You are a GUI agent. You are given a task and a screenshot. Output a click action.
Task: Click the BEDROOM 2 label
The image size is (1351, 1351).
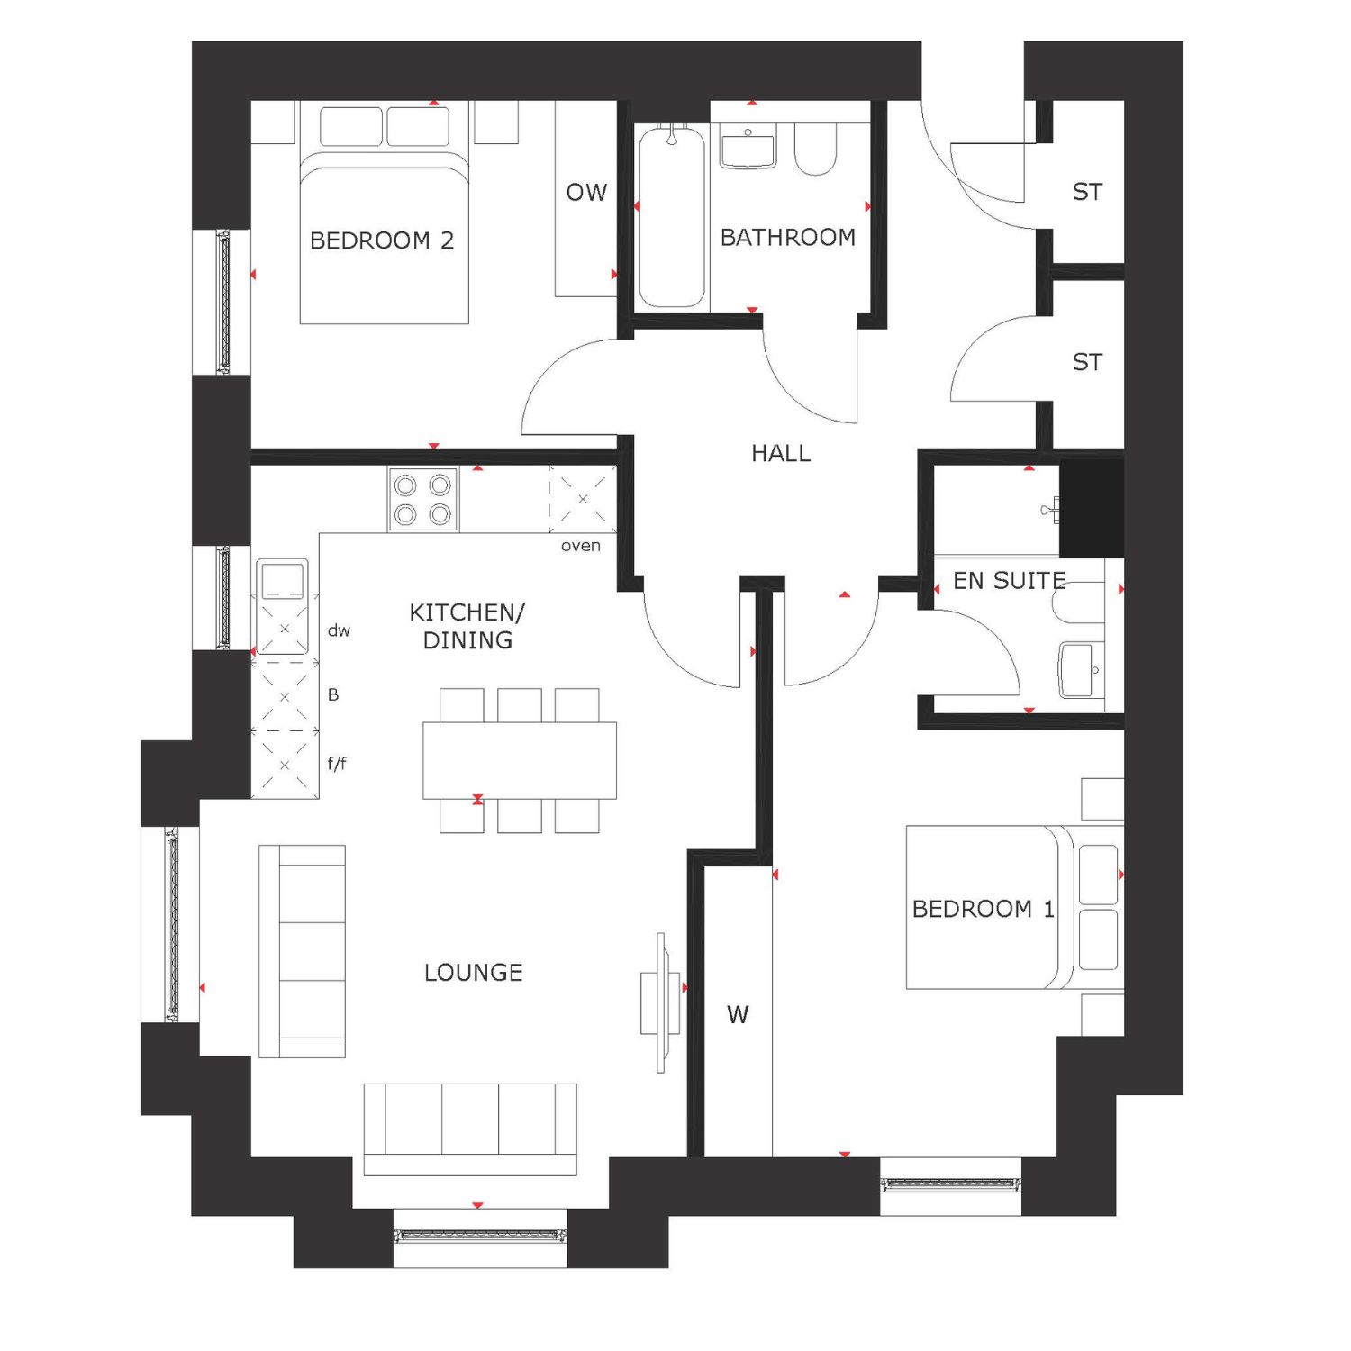click(382, 240)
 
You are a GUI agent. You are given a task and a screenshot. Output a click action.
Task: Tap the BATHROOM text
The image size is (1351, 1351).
click(788, 237)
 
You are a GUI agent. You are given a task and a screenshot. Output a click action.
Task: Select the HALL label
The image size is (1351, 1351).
click(781, 453)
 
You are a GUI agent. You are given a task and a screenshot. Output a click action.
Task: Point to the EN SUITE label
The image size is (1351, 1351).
click(1009, 581)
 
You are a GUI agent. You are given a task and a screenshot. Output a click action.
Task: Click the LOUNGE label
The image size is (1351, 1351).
click(474, 973)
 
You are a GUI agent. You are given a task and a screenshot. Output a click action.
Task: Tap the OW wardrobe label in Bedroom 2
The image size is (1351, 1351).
click(586, 192)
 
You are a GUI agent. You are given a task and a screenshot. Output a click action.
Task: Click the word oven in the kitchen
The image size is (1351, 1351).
click(581, 546)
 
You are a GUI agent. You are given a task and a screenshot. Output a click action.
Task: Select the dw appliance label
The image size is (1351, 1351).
click(339, 630)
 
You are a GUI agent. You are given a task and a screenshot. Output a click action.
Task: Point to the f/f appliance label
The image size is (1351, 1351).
click(337, 764)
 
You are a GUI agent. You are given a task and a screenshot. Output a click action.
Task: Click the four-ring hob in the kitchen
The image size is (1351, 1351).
click(423, 499)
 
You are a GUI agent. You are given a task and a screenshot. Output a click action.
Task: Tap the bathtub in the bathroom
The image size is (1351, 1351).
click(672, 217)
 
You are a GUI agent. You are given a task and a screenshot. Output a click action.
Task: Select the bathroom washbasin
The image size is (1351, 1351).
click(748, 150)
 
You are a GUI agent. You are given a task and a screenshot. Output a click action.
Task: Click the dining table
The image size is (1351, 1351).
click(520, 760)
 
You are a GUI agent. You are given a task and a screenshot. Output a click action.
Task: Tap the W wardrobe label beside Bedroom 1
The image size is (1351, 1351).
click(738, 1015)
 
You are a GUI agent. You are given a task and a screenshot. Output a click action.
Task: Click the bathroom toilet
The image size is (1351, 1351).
click(816, 150)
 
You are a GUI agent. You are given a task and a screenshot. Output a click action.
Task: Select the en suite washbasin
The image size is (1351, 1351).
click(1081, 670)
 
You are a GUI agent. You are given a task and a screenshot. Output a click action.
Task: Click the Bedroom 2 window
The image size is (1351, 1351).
click(223, 302)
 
